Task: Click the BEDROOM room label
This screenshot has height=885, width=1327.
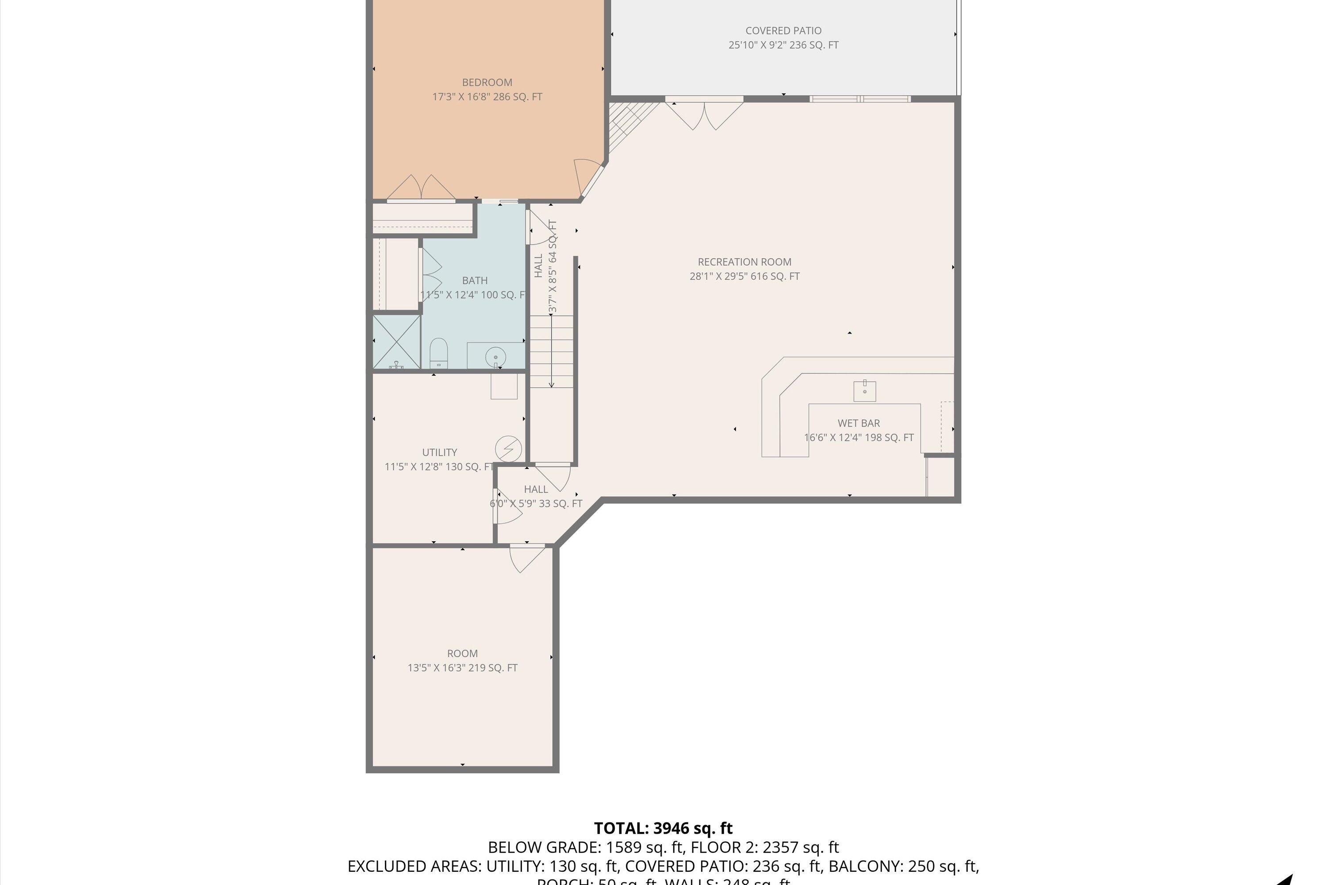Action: [x=487, y=82]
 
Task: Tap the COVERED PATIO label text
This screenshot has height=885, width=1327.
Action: [x=783, y=31]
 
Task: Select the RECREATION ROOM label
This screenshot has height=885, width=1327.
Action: [x=744, y=262]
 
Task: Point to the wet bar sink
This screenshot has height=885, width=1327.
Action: [x=864, y=391]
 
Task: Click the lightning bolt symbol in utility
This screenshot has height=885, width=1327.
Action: [x=508, y=449]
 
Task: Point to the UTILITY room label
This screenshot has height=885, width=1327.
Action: [x=440, y=453]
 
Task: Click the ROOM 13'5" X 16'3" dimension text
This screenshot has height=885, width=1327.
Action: [x=462, y=668]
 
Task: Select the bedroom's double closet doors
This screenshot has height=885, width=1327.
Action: [x=421, y=189]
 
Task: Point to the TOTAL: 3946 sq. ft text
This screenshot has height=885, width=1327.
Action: [x=663, y=828]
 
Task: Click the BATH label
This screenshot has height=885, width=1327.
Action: [x=475, y=281]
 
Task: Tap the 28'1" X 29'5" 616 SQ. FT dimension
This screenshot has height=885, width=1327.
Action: [x=744, y=277]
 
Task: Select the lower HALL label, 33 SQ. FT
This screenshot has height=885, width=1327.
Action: [x=535, y=489]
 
